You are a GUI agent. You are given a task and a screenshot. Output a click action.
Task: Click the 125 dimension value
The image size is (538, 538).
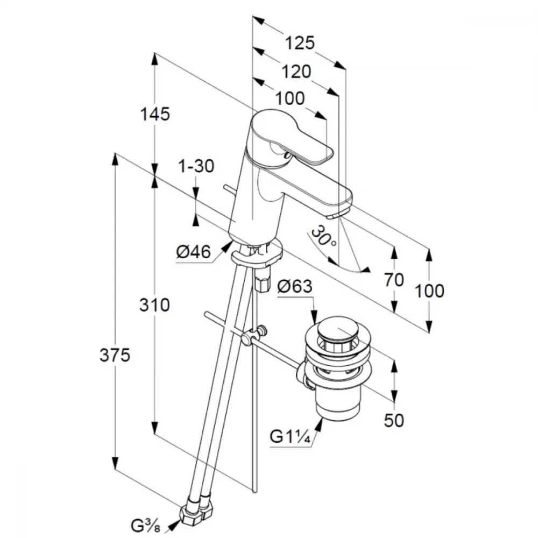click(300, 43)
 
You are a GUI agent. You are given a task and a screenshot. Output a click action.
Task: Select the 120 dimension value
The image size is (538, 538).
click(296, 71)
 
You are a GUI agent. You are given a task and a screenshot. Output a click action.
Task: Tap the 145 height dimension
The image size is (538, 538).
click(155, 114)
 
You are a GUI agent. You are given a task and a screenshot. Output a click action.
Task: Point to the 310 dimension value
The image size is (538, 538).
click(155, 305)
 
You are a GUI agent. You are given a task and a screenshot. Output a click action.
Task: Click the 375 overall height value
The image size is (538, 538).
click(115, 355)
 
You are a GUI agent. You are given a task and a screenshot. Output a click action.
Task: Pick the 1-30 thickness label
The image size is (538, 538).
click(196, 166)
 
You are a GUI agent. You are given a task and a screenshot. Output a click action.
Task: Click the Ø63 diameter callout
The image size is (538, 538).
click(294, 287)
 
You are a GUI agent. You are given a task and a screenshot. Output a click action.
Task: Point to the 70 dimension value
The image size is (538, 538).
click(395, 280)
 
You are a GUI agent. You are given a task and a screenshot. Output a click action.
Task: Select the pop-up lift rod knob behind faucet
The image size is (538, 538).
click(229, 189)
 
